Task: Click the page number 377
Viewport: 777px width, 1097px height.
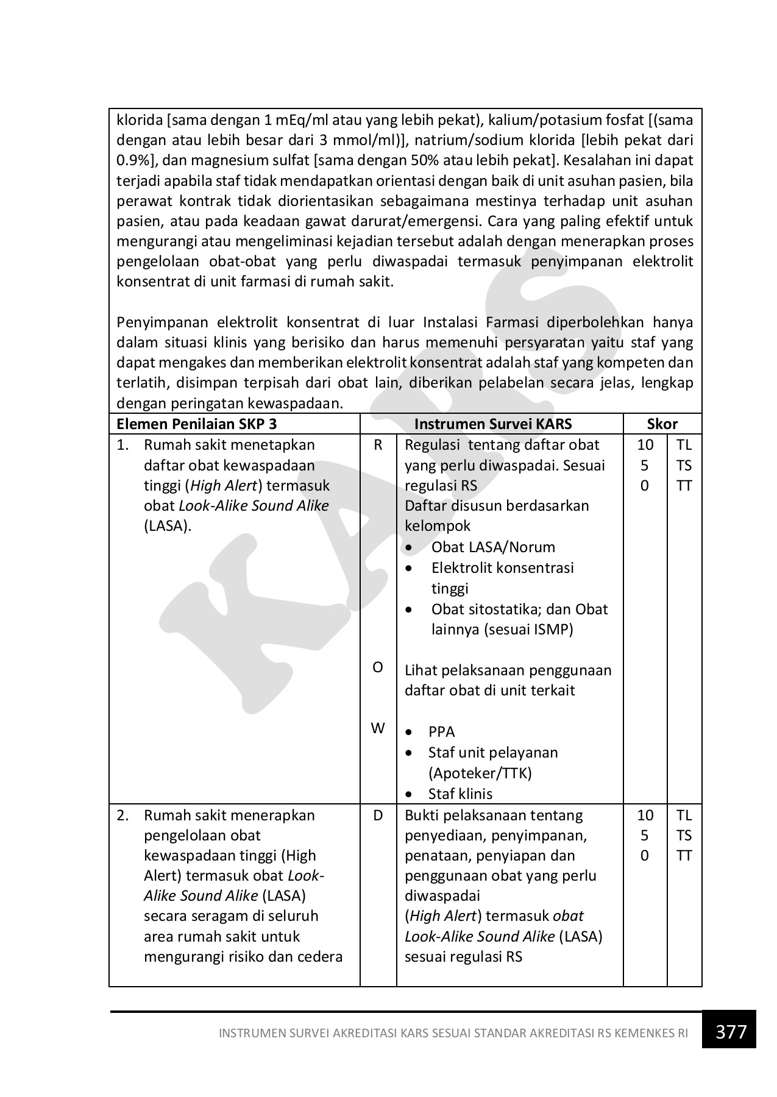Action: pyautogui.click(x=731, y=1032)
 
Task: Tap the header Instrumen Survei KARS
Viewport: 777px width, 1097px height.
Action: pyautogui.click(x=492, y=424)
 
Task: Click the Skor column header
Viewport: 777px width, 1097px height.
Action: pyautogui.click(x=662, y=424)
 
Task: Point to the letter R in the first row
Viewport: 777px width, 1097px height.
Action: pyautogui.click(x=378, y=445)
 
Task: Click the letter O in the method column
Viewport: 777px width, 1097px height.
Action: pyautogui.click(x=378, y=667)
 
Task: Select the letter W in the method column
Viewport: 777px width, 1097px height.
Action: pyautogui.click(x=378, y=728)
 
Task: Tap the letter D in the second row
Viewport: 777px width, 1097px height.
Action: pyautogui.click(x=378, y=815)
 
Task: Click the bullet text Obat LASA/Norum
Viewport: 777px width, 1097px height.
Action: pyautogui.click(x=493, y=547)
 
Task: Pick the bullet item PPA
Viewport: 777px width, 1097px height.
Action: pyautogui.click(x=441, y=732)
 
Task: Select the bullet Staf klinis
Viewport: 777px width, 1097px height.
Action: pyautogui.click(x=460, y=793)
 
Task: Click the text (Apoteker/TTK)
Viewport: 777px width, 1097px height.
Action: pyautogui.click(x=480, y=773)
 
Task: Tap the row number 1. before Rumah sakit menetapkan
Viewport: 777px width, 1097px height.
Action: pyautogui.click(x=123, y=445)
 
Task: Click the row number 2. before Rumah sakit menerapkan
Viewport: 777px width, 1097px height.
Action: pyautogui.click(x=123, y=815)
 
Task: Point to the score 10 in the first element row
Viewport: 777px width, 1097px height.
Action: pyautogui.click(x=645, y=445)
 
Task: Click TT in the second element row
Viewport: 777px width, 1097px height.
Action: pyautogui.click(x=684, y=856)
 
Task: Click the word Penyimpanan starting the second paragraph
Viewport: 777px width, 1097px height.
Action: pyautogui.click(x=161, y=322)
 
